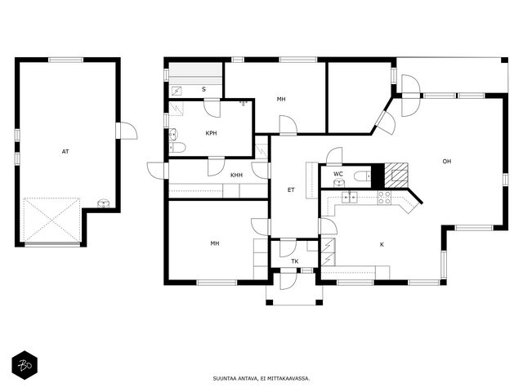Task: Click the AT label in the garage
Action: pos(65,152)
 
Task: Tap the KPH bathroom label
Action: pos(211,133)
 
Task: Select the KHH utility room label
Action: pos(236,175)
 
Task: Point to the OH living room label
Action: pos(447,162)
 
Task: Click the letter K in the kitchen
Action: pos(382,245)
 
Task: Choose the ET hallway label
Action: pos(291,190)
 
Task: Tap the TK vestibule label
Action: pos(295,261)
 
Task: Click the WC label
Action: pos(338,174)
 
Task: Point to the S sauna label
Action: pos(203,89)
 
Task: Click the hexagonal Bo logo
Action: pos(25,365)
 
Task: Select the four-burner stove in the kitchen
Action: pos(384,198)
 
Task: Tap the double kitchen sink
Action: pos(349,198)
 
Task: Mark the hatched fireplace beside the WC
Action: pos(396,176)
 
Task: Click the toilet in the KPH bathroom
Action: pos(177,148)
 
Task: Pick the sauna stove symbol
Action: pos(177,91)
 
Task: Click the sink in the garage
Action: pos(103,203)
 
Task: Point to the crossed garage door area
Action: pos(51,220)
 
